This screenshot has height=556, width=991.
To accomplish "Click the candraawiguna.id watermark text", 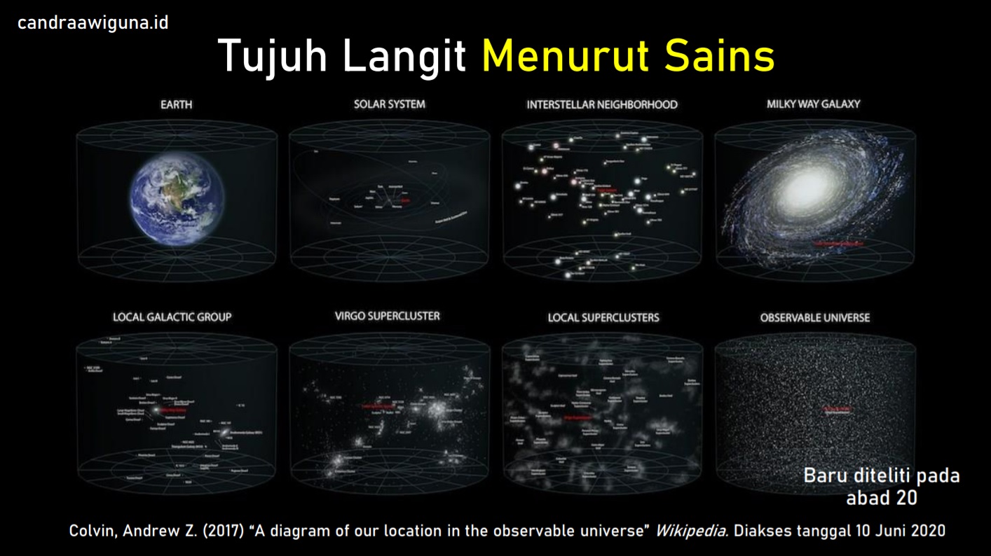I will pos(93,23).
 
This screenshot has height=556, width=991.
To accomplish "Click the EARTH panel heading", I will pos(176,105).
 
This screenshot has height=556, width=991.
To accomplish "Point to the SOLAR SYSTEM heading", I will pos(389,104).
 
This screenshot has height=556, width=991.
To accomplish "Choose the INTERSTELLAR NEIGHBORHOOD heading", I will pos(602,105).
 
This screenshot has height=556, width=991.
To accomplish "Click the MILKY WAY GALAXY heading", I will pos(813,104).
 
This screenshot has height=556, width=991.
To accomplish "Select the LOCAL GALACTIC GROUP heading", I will pos(172,317).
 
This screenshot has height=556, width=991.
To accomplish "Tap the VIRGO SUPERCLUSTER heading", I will pos(388,316).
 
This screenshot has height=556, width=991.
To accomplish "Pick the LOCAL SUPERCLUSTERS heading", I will pos(603,318).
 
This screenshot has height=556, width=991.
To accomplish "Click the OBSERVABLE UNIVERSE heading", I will pos(814,318).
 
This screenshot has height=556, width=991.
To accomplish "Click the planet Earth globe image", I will pos(177,198).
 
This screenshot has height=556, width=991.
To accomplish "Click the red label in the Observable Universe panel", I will pos(839,408).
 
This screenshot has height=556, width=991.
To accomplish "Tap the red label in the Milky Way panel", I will pos(838,243).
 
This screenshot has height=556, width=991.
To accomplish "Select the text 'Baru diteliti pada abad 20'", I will pos(881,486).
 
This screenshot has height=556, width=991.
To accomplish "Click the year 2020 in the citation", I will pos(927,531).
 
